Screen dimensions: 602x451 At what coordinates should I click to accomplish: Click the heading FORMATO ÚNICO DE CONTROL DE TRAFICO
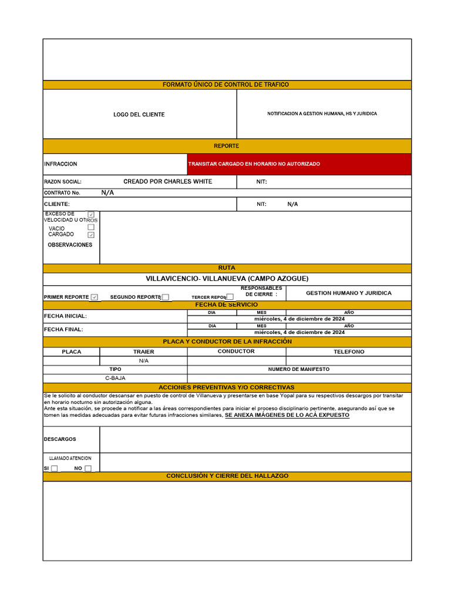click(x=225, y=85)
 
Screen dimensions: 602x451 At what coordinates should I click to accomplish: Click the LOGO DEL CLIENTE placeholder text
click(x=139, y=115)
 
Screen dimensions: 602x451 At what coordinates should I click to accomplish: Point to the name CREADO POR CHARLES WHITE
click(x=167, y=182)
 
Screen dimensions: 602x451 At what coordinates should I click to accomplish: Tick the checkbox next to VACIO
click(x=91, y=227)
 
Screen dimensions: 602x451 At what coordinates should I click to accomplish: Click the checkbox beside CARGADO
click(x=91, y=235)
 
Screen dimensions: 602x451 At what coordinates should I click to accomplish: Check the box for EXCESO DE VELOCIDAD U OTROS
click(x=91, y=215)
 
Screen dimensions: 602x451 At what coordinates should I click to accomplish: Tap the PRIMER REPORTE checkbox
click(x=95, y=297)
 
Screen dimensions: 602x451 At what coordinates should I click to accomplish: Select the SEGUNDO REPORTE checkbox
click(x=166, y=297)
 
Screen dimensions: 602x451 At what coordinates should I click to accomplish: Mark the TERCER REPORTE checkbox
click(x=230, y=297)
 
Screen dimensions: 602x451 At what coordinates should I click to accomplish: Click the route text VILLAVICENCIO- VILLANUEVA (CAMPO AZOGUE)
click(x=227, y=278)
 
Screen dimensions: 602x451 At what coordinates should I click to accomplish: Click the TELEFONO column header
click(x=349, y=352)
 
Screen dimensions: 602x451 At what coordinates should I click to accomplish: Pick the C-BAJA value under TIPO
click(x=115, y=378)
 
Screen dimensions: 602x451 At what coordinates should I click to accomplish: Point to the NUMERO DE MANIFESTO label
click(x=299, y=369)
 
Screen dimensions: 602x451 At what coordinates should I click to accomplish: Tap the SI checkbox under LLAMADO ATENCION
click(x=55, y=469)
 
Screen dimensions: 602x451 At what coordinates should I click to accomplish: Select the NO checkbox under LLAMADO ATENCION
click(x=88, y=469)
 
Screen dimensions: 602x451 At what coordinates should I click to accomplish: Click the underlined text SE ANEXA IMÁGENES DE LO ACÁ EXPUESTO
click(x=287, y=415)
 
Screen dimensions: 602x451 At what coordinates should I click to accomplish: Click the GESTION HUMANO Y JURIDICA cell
click(x=348, y=293)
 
